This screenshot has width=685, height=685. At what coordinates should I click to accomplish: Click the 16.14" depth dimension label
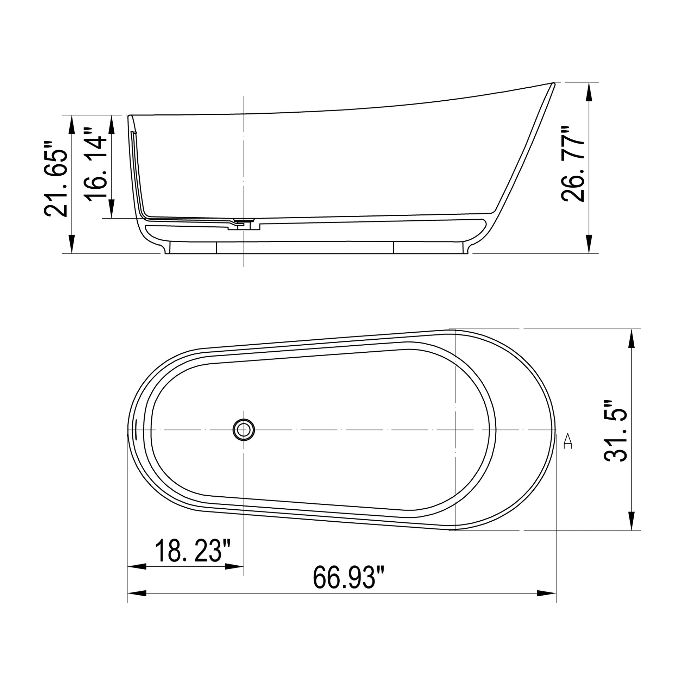[97, 165]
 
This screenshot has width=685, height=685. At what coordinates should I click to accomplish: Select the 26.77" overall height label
[573, 164]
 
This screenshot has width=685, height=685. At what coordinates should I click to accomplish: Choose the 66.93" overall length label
[348, 578]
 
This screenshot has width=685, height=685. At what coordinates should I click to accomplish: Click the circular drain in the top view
[244, 430]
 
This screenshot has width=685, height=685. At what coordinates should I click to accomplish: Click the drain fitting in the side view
[244, 222]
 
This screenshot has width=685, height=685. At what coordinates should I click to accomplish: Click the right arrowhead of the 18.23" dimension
[235, 567]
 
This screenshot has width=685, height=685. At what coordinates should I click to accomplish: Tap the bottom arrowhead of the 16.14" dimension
[111, 209]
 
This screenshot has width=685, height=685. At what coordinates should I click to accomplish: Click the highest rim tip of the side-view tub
[553, 83]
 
